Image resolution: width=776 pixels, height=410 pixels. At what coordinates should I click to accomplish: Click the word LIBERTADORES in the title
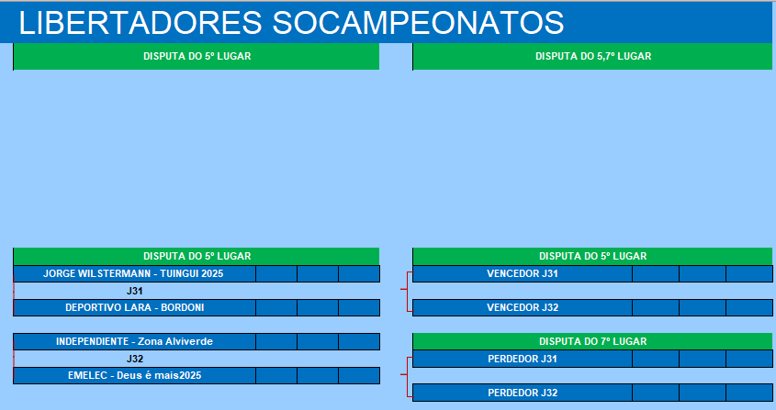(x=141, y=22)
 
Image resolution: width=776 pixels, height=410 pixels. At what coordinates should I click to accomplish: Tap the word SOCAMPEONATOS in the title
(x=418, y=22)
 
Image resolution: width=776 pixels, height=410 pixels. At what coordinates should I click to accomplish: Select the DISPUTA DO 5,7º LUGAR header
(x=592, y=56)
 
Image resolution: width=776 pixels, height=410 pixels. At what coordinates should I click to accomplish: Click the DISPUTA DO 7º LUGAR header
(x=592, y=341)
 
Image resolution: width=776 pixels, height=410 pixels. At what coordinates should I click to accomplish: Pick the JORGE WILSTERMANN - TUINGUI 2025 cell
(x=134, y=273)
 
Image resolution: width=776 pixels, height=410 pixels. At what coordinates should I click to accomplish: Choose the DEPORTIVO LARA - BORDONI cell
(x=134, y=307)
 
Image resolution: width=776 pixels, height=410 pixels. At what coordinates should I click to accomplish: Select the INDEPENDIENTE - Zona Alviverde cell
(x=134, y=341)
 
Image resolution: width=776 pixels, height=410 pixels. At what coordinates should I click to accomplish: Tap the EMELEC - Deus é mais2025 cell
(x=134, y=375)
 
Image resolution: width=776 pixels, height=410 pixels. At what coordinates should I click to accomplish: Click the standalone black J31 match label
(x=135, y=291)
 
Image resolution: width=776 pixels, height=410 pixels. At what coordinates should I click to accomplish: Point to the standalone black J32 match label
(x=135, y=359)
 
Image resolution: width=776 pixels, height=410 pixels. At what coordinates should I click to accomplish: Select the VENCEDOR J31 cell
(x=523, y=273)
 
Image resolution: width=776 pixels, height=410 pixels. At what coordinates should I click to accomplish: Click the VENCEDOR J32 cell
(x=523, y=307)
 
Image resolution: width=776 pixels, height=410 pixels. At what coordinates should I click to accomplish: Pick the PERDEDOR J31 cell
(x=523, y=359)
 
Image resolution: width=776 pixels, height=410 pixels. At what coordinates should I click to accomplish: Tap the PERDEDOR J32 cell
(x=523, y=393)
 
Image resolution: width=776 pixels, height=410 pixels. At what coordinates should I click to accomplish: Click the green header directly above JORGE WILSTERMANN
(x=197, y=256)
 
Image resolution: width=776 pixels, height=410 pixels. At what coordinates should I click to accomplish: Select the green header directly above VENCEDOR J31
(x=592, y=256)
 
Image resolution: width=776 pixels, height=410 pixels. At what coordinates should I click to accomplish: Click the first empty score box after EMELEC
(x=276, y=375)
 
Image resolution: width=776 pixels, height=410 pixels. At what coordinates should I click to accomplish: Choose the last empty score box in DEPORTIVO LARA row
(x=359, y=307)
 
